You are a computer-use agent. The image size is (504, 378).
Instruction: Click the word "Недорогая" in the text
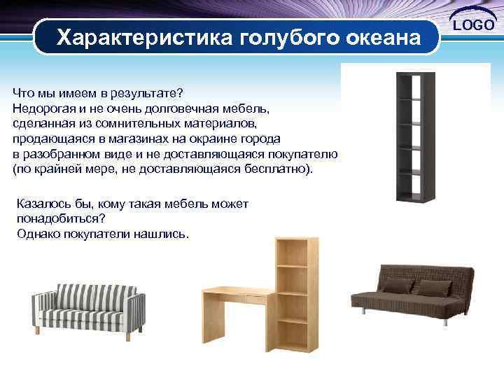[41, 108]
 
